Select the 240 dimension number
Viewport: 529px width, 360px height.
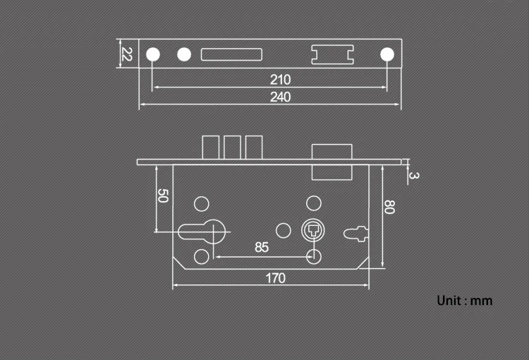pyautogui.click(x=281, y=97)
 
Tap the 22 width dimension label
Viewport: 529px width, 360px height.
pyautogui.click(x=127, y=54)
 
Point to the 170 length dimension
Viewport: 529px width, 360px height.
pyautogui.click(x=276, y=278)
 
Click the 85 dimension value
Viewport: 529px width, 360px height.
pyautogui.click(x=262, y=247)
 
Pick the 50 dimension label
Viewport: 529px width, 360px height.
pyautogui.click(x=162, y=196)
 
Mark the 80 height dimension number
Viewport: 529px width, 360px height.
pyautogui.click(x=388, y=207)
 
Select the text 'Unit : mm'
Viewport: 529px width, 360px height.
pyautogui.click(x=465, y=301)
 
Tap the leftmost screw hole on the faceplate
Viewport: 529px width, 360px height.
pyautogui.click(x=152, y=54)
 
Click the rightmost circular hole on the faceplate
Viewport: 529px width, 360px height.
pyautogui.click(x=387, y=54)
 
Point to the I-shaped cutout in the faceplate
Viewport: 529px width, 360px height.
pyautogui.click(x=332, y=54)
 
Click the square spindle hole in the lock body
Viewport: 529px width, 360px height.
pyautogui.click(x=312, y=230)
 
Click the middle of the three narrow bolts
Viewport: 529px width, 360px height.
pyautogui.click(x=232, y=148)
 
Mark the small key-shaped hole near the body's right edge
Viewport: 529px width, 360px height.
pyautogui.click(x=355, y=232)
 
